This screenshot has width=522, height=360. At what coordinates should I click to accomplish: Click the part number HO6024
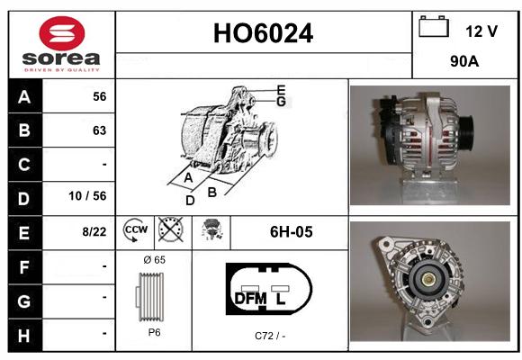263,33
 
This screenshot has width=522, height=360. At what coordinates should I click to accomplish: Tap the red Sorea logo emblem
62,33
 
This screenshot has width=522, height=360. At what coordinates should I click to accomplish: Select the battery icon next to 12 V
434,26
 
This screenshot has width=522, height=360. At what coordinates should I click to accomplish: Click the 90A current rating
464,61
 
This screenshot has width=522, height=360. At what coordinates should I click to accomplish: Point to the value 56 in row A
100,96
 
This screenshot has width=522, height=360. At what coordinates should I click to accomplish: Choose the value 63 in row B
100,130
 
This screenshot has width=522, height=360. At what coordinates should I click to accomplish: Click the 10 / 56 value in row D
87,196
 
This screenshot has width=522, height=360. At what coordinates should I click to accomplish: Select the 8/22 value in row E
94,231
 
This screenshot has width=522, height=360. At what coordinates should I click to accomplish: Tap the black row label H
24,335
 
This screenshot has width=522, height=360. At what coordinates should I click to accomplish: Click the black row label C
24,165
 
